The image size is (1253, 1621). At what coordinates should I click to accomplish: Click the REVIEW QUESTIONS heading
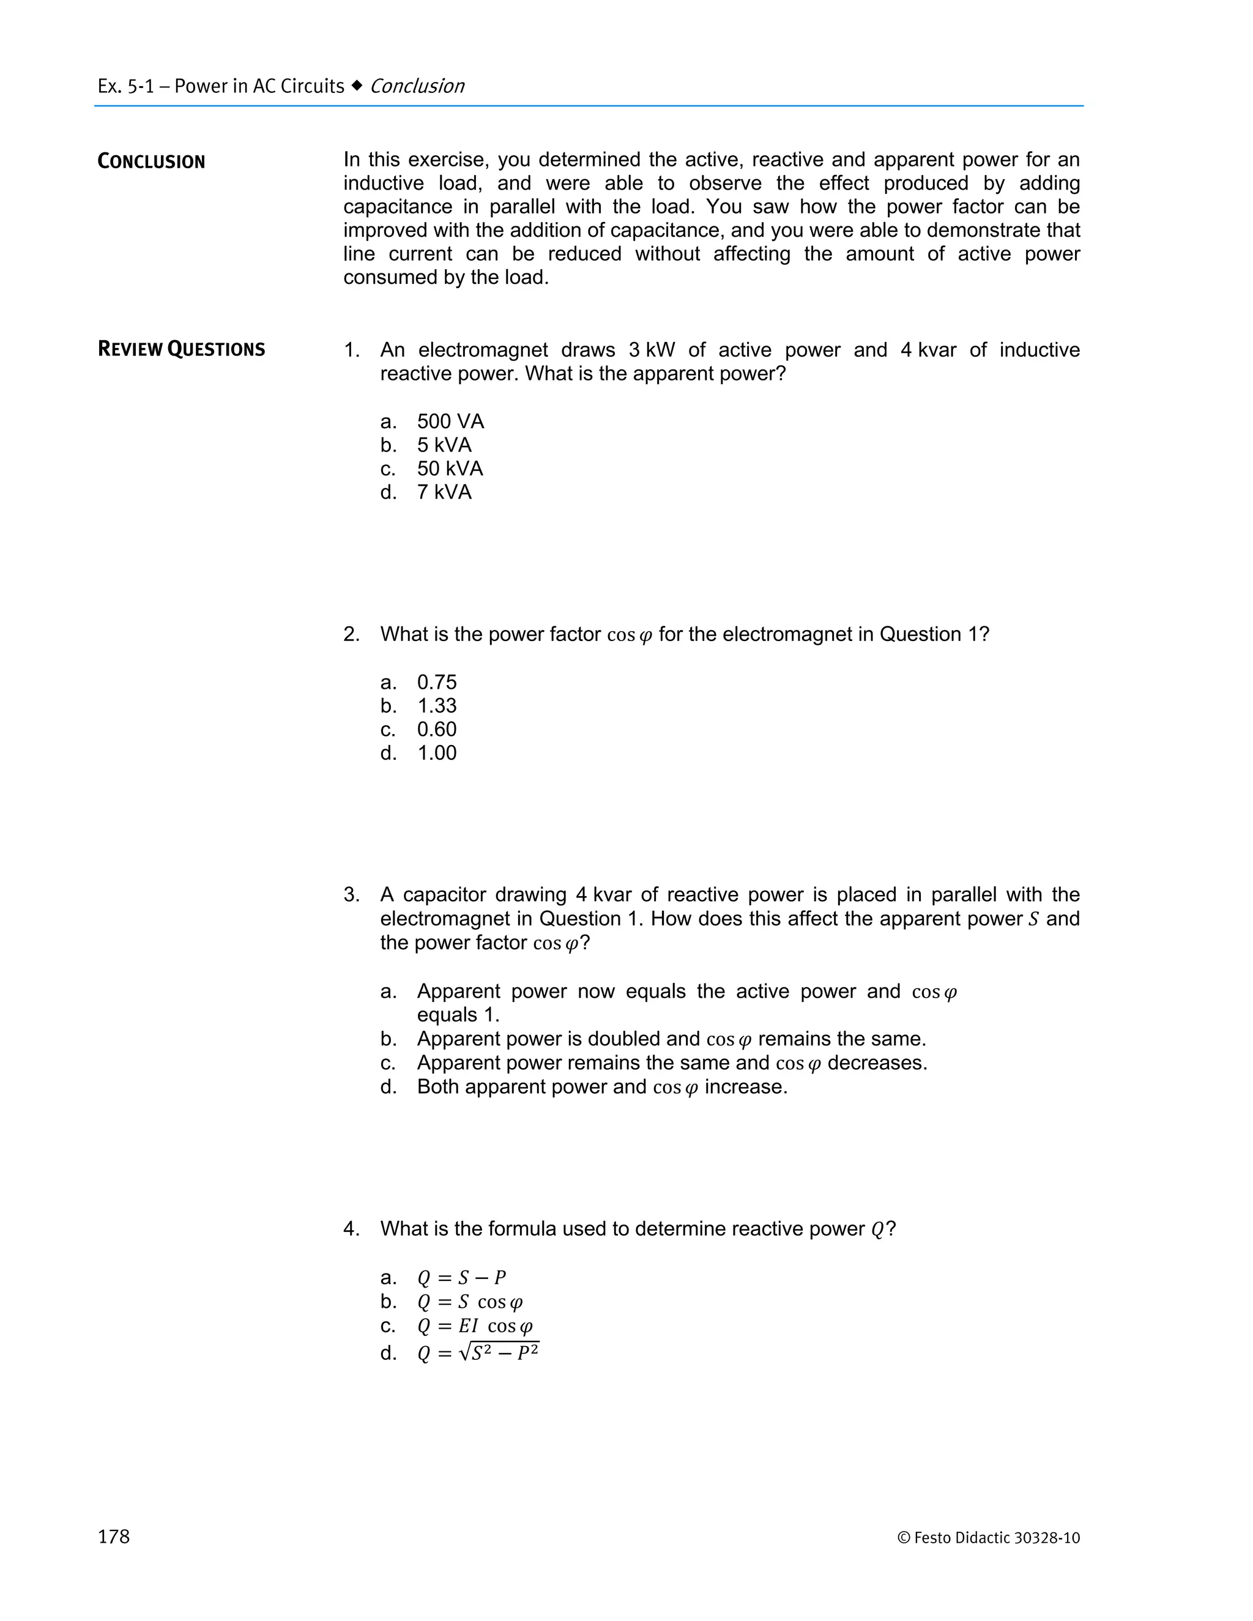point(181,349)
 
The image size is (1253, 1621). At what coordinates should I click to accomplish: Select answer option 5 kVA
point(444,445)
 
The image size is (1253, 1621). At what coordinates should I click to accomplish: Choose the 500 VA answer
point(450,421)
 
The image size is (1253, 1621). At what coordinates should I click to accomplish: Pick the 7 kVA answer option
point(444,492)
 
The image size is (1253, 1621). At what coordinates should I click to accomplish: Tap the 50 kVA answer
point(450,469)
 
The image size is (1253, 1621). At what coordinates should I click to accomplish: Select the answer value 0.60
point(436,730)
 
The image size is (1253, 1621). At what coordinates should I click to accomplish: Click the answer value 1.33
point(436,706)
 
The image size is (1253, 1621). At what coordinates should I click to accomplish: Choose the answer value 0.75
point(436,682)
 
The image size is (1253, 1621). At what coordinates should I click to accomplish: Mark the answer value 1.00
point(436,754)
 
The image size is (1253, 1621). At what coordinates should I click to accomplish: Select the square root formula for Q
point(478,1352)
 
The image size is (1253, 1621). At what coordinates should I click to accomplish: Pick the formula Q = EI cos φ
point(475,1326)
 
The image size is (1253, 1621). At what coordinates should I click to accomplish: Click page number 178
point(114,1537)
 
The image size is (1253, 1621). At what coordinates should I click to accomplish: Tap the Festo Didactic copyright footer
point(988,1538)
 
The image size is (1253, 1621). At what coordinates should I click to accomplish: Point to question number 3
point(351,895)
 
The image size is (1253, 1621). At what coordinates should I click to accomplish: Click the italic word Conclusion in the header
point(417,86)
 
